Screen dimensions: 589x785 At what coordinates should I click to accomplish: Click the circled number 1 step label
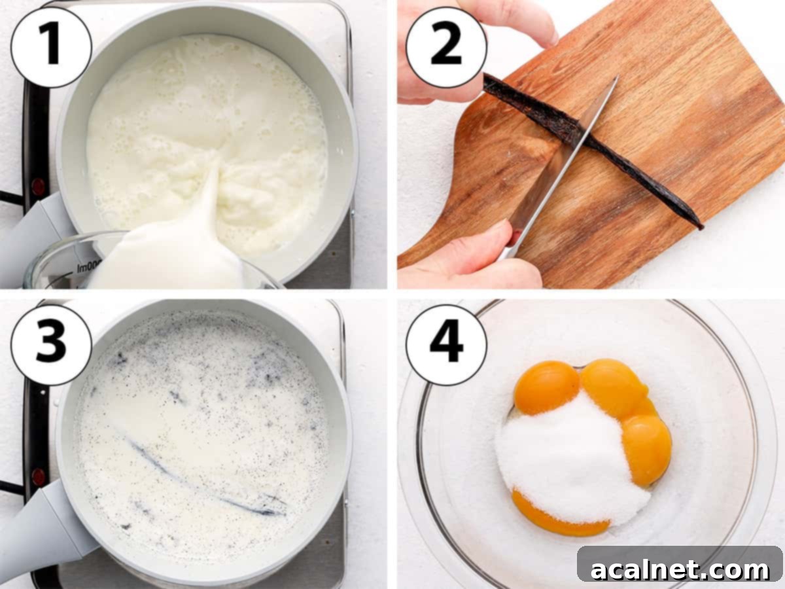pyautogui.click(x=51, y=47)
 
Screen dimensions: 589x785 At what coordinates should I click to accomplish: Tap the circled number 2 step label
pyautogui.click(x=446, y=47)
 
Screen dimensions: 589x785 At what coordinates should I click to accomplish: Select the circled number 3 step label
pyautogui.click(x=51, y=344)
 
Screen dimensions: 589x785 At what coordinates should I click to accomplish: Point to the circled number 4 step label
pyautogui.click(x=446, y=344)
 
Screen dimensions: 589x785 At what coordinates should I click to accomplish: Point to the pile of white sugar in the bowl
pyautogui.click(x=563, y=458)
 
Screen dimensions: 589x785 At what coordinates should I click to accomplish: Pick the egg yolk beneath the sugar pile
pyautogui.click(x=556, y=517)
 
